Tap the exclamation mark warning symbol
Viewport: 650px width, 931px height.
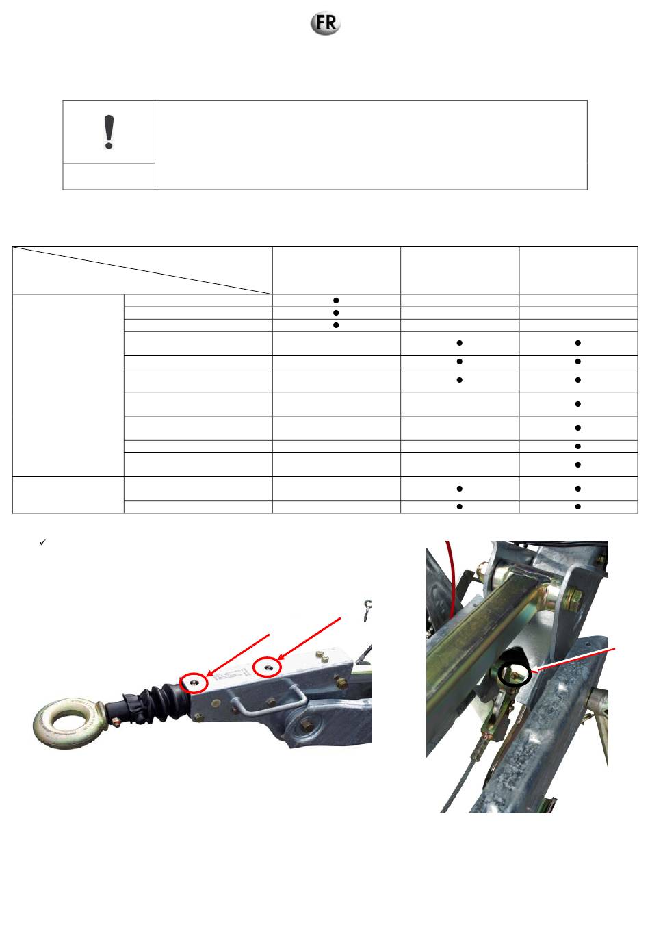pyautogui.click(x=109, y=131)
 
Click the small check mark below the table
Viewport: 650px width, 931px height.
pyautogui.click(x=42, y=542)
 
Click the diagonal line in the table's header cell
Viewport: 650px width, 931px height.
pyautogui.click(x=142, y=270)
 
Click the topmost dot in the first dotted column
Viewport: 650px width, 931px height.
pyautogui.click(x=336, y=300)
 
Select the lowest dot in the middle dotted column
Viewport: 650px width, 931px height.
pyautogui.click(x=459, y=507)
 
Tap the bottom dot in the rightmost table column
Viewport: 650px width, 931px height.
pyautogui.click(x=577, y=507)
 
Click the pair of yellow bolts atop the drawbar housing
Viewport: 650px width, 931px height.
pyautogui.click(x=322, y=656)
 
